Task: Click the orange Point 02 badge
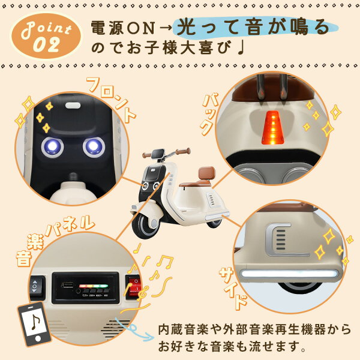[x=46, y=36]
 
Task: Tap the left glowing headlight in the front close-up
[x=52, y=147]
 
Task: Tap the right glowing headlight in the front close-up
[x=94, y=146]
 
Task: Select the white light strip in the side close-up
[x=289, y=274]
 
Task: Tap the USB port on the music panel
[x=67, y=286]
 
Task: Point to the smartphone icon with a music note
[x=34, y=325]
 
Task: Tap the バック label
[x=209, y=114]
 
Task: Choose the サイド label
[x=233, y=289]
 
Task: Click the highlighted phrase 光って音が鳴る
[x=253, y=28]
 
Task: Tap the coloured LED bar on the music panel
[x=94, y=286]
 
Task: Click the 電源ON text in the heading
[x=123, y=28]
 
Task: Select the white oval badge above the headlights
[x=73, y=106]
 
